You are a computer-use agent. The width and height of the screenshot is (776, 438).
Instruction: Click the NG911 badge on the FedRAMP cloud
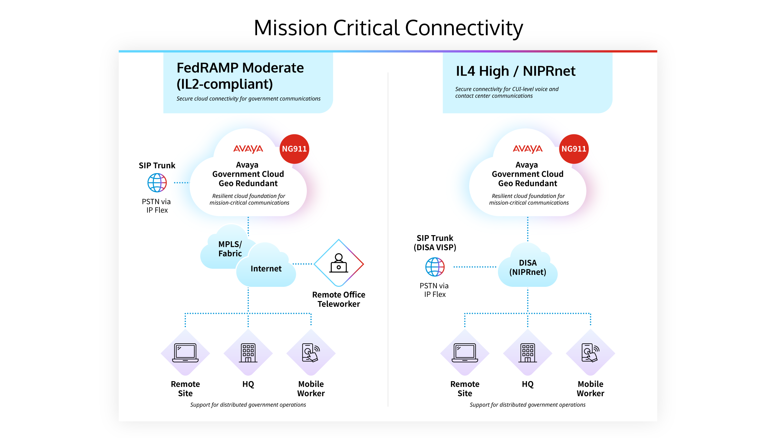pyautogui.click(x=294, y=149)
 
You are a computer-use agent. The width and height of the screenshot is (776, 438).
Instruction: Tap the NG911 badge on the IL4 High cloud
pyautogui.click(x=574, y=149)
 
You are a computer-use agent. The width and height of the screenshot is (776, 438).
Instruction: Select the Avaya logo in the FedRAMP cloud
pyautogui.click(x=248, y=149)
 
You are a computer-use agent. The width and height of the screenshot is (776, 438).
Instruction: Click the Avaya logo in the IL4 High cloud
pyautogui.click(x=528, y=149)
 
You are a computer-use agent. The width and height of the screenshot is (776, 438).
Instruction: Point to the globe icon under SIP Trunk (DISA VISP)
pyautogui.click(x=435, y=267)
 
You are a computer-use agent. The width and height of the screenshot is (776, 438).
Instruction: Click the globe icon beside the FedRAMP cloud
pyautogui.click(x=157, y=182)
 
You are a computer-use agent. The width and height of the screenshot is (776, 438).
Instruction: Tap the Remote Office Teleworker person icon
pyautogui.click(x=339, y=263)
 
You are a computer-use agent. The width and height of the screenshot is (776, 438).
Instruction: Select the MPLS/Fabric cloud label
pyautogui.click(x=230, y=249)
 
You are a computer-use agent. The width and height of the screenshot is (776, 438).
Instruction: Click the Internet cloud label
pyautogui.click(x=266, y=268)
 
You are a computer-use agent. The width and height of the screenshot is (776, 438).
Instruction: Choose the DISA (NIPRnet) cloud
pyautogui.click(x=528, y=267)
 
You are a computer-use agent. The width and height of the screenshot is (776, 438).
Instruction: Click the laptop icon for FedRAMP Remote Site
pyautogui.click(x=185, y=353)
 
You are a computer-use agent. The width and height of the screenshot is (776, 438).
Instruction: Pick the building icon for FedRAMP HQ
pyautogui.click(x=248, y=353)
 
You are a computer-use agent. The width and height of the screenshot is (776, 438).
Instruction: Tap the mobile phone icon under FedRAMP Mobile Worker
pyautogui.click(x=311, y=353)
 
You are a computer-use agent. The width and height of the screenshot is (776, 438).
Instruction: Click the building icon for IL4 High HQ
pyautogui.click(x=528, y=353)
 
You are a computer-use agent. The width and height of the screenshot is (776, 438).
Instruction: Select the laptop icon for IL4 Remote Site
pyautogui.click(x=465, y=353)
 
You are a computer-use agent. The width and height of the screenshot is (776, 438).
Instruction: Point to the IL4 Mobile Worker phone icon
pyautogui.click(x=590, y=353)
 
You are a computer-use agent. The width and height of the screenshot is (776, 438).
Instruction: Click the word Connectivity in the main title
pyautogui.click(x=464, y=28)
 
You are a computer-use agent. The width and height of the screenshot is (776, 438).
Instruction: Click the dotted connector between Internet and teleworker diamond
pyautogui.click(x=303, y=264)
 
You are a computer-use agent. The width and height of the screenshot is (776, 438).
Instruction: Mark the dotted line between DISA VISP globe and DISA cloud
pyautogui.click(x=475, y=267)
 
